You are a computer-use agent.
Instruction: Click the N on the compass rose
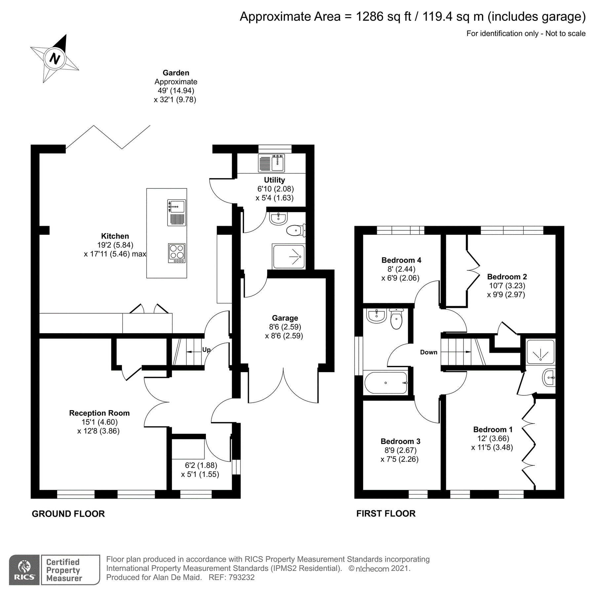[55, 59]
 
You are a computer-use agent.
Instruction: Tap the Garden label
[176, 73]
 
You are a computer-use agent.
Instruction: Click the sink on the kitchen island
[177, 206]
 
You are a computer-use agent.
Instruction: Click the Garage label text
[285, 318]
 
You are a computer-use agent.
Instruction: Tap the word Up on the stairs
[206, 350]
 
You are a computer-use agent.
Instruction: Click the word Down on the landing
[428, 352]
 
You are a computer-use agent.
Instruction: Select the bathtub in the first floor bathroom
[386, 383]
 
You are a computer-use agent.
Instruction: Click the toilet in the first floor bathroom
[396, 319]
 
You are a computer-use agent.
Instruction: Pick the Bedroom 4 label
[401, 260]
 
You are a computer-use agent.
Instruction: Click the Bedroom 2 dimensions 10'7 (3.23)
[507, 286]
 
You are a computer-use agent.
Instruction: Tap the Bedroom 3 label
[400, 441]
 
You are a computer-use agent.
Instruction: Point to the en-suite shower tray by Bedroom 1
[540, 352]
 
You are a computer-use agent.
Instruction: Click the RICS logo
[24, 570]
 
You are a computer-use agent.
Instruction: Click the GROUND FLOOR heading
[68, 514]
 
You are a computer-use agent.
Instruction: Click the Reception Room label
[99, 413]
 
